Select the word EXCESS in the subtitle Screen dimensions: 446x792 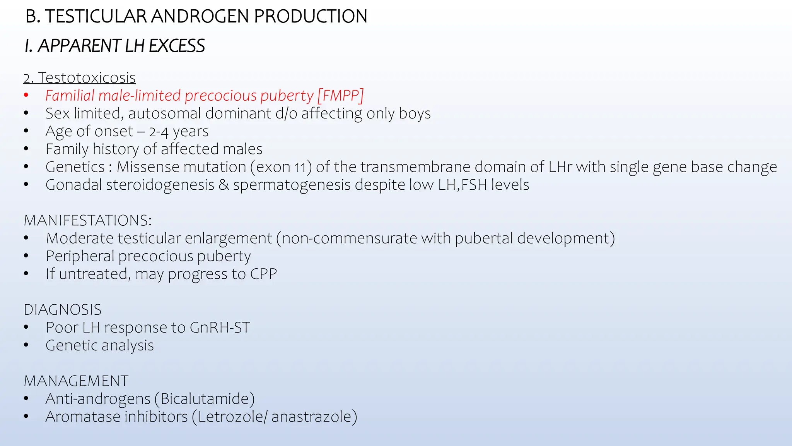[177, 46]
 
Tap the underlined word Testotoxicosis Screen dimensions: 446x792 [87, 78]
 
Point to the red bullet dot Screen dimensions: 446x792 [26, 95]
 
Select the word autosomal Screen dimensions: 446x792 [165, 113]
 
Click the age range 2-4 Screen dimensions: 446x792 [159, 132]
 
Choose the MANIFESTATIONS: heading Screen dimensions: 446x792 [88, 220]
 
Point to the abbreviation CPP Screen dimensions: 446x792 [263, 274]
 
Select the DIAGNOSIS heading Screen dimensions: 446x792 [63, 310]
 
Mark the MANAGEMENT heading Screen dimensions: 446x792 [76, 381]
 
